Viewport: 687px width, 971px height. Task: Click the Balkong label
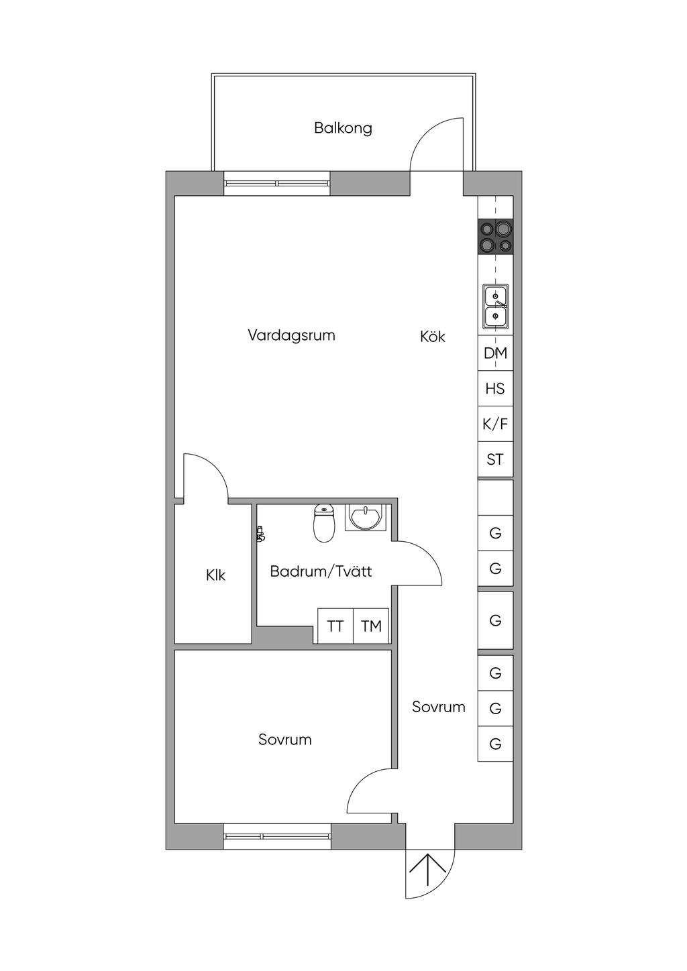click(343, 128)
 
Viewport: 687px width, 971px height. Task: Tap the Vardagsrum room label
click(291, 335)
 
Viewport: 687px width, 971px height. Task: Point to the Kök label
click(433, 337)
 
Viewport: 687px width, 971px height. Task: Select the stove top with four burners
click(495, 236)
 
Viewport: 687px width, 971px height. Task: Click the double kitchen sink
click(495, 306)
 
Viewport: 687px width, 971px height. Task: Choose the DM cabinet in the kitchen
click(495, 353)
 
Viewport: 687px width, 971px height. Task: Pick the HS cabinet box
click(495, 388)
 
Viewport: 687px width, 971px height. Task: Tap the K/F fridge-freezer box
click(495, 424)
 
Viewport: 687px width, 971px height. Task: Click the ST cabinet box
click(495, 459)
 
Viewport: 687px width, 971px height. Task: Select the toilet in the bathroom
click(324, 523)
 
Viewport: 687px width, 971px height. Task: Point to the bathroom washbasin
click(365, 517)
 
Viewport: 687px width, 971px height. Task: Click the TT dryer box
click(335, 626)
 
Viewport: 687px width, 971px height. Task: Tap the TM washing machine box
click(371, 626)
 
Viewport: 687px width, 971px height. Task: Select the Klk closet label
click(215, 575)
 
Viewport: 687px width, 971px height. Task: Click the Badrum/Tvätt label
click(321, 571)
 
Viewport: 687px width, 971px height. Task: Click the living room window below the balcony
click(277, 183)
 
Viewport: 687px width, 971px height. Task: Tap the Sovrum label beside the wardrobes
click(439, 707)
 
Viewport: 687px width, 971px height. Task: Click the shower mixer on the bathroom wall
click(260, 533)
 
